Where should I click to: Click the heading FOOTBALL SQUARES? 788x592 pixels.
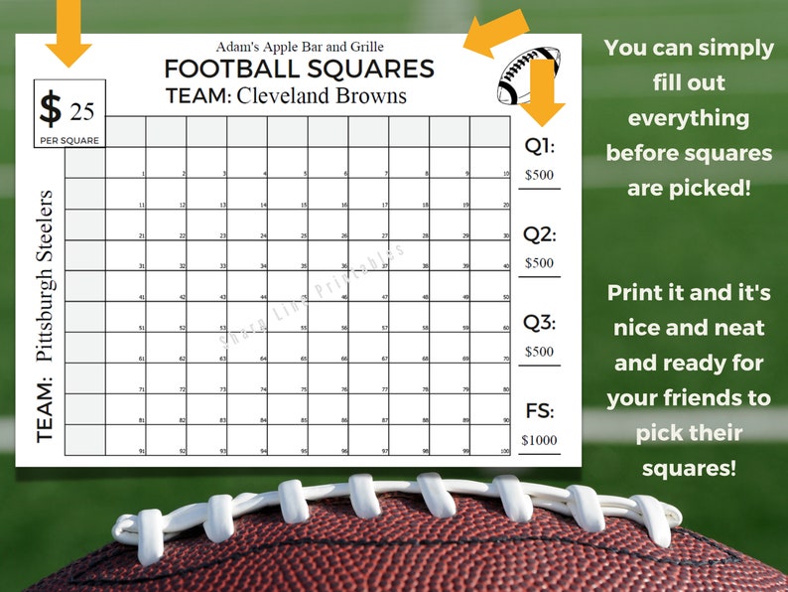coord(299,69)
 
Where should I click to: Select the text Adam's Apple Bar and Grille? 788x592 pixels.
coord(299,46)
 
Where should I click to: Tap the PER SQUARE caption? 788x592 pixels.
coord(69,141)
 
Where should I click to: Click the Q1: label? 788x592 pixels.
coord(539,146)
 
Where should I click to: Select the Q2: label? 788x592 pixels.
coord(539,235)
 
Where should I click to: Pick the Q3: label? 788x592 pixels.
coord(539,323)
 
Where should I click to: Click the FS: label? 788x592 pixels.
coord(539,411)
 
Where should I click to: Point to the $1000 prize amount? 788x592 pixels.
coord(539,440)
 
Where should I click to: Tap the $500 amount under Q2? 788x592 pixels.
coord(539,263)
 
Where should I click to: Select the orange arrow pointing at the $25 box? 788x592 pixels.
coord(68,30)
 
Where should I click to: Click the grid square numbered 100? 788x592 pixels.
coord(490,440)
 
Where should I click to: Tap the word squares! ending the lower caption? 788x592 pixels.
coord(690,466)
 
